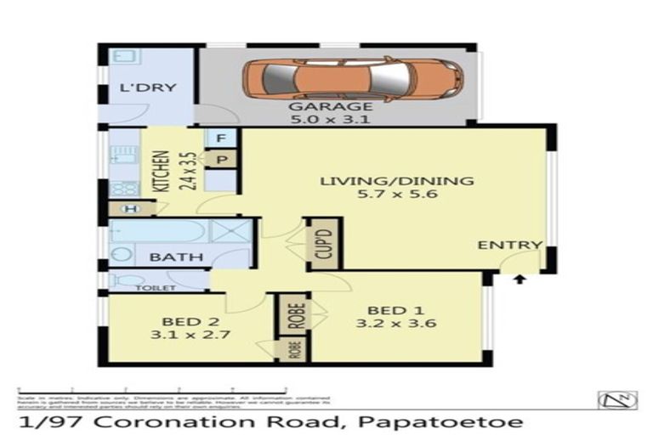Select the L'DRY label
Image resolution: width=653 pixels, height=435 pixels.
click(136, 88)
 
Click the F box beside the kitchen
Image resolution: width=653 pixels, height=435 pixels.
click(220, 138)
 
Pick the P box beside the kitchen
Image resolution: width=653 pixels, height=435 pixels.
click(220, 158)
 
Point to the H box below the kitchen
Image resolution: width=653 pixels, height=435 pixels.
click(131, 208)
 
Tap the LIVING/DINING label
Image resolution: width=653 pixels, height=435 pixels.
click(395, 181)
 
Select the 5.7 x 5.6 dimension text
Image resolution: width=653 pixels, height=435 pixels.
click(395, 196)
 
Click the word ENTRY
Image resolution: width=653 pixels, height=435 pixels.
click(509, 245)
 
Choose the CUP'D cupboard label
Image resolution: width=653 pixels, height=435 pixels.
click(322, 244)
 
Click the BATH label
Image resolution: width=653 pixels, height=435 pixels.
click(176, 257)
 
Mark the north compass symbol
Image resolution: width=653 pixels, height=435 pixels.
click(616, 399)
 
